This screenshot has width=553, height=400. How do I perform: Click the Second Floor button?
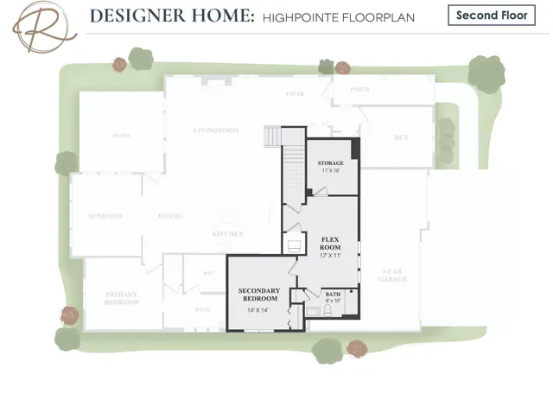(x=492, y=16)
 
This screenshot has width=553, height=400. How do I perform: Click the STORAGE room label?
(x=331, y=163)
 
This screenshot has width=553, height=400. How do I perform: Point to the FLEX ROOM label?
(x=331, y=243)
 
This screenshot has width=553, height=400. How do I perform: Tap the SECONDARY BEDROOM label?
(x=259, y=294)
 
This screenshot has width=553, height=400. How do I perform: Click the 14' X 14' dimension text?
(x=258, y=310)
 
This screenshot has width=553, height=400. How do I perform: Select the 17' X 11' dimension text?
(x=331, y=256)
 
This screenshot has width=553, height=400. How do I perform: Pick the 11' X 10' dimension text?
(x=331, y=171)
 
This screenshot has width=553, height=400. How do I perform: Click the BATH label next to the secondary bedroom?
(x=333, y=295)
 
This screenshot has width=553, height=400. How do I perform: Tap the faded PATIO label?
(x=121, y=136)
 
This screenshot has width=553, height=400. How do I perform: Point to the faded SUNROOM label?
(x=105, y=216)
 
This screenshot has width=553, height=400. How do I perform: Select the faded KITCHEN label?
(x=228, y=234)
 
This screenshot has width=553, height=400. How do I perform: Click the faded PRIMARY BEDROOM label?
(x=122, y=298)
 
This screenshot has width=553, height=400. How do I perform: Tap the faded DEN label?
(x=401, y=137)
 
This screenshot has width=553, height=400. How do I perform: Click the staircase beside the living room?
(x=275, y=137)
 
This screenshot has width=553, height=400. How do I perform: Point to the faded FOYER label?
(x=296, y=93)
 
